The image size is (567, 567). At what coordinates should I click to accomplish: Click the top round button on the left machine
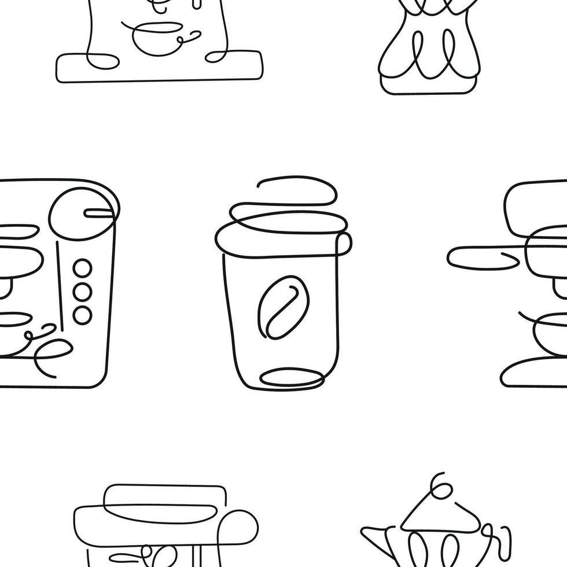pyautogui.click(x=83, y=269)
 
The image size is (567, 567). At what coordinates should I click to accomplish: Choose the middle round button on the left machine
pyautogui.click(x=83, y=291)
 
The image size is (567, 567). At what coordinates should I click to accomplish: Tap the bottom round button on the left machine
pyautogui.click(x=83, y=313)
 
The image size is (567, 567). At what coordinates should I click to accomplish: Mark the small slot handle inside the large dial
pyautogui.click(x=98, y=213)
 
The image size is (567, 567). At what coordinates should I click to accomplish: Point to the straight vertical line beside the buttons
pyautogui.click(x=58, y=272)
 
